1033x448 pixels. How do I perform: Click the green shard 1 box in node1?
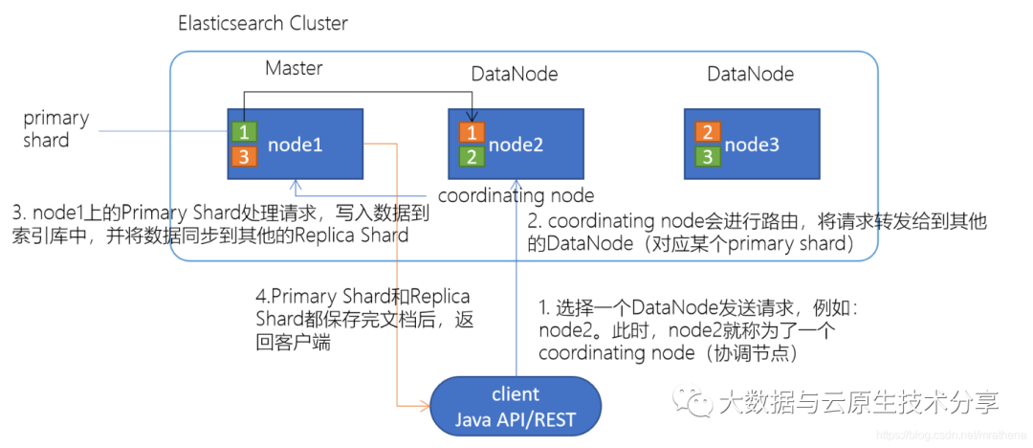(242, 132)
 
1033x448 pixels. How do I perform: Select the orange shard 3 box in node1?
(242, 156)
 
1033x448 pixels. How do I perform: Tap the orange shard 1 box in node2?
(472, 132)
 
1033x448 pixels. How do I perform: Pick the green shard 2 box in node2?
(472, 156)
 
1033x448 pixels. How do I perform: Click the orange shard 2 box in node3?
(707, 132)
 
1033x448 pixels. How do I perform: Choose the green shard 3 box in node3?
(707, 156)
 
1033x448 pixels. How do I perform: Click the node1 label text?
(296, 145)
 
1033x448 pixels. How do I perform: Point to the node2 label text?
(516, 145)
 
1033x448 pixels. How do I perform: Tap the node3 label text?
(752, 145)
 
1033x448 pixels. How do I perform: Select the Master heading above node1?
(294, 69)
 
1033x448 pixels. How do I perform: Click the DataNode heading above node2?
(515, 74)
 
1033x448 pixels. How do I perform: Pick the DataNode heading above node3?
(751, 74)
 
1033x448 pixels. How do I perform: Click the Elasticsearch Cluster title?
(263, 23)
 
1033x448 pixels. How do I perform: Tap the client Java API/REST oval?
(516, 407)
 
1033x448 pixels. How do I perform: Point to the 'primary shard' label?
(56, 129)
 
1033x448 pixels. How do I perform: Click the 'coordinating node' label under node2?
(523, 195)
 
